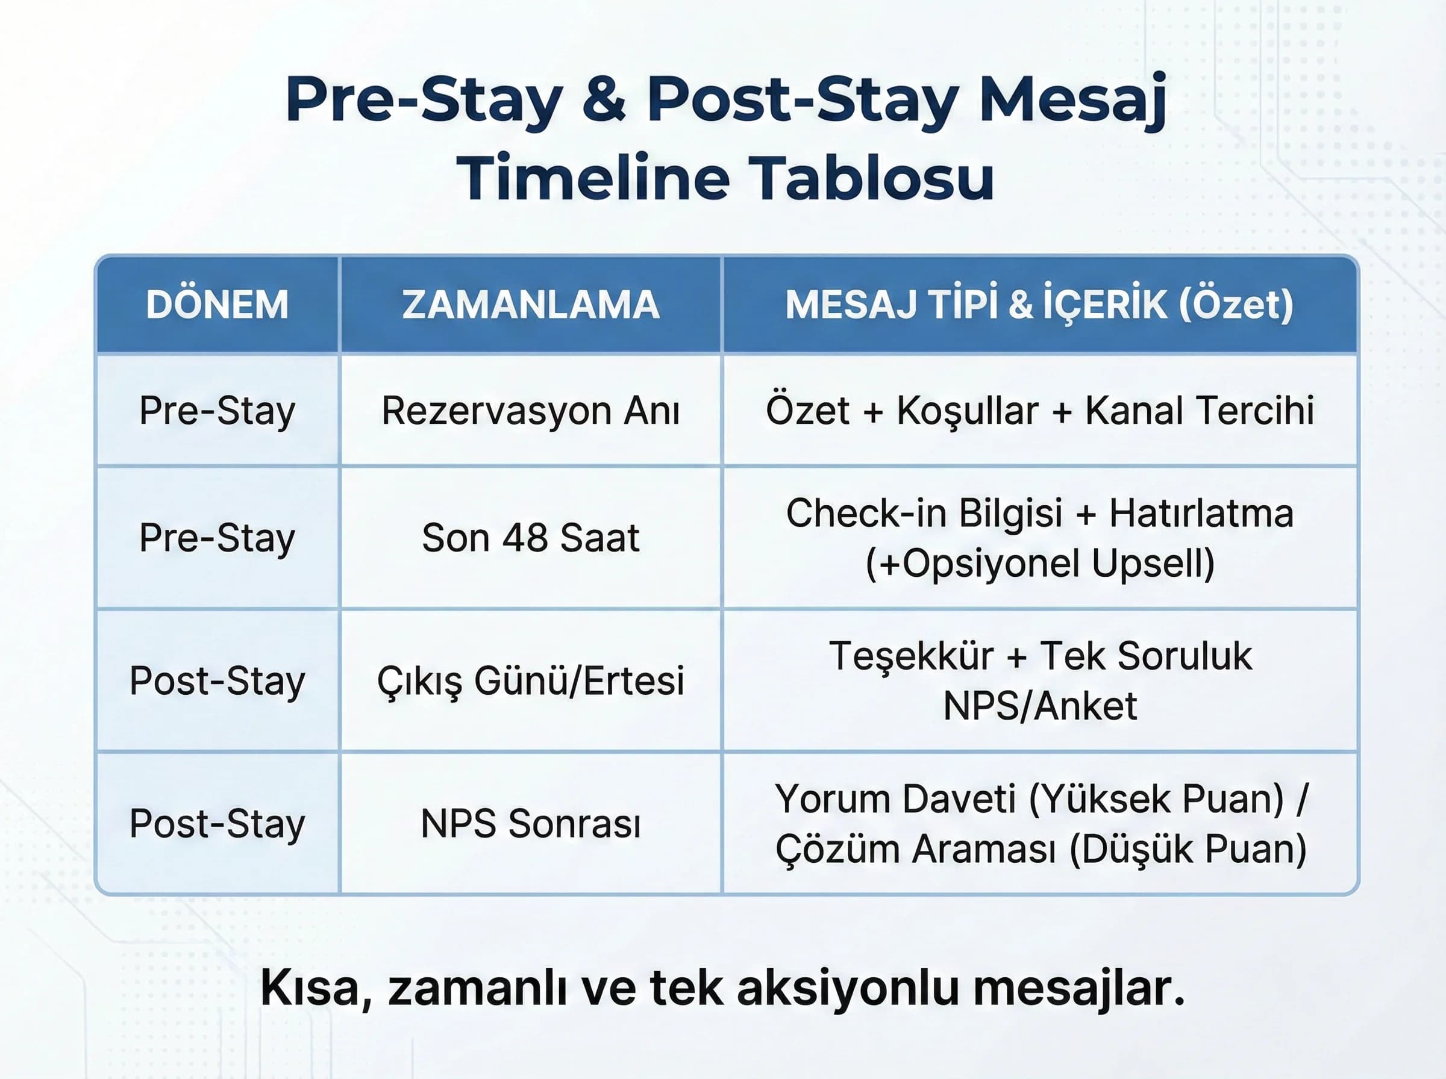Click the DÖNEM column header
pyautogui.click(x=217, y=304)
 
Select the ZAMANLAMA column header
pyautogui.click(x=530, y=304)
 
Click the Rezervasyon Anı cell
pyautogui.click(x=530, y=411)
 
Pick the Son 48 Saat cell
pyautogui.click(x=530, y=538)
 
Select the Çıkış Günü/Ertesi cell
pyautogui.click(x=530, y=680)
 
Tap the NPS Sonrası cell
pyautogui.click(x=530, y=824)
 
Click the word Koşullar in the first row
pyautogui.click(x=967, y=411)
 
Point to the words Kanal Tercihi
pyautogui.click(x=1199, y=411)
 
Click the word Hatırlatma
pyautogui.click(x=1201, y=514)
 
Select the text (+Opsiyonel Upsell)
pyautogui.click(x=1039, y=563)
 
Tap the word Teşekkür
pyautogui.click(x=911, y=656)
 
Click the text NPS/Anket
pyautogui.click(x=1039, y=706)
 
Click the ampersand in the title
pyautogui.click(x=604, y=99)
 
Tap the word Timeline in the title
pyautogui.click(x=593, y=178)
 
